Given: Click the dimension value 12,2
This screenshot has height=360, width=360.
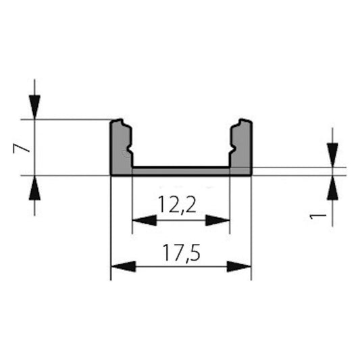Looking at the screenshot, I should pyautogui.click(x=180, y=203).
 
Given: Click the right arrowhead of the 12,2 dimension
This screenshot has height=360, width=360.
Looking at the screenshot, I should pyautogui.click(x=217, y=220).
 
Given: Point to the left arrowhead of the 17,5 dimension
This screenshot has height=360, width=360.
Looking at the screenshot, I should pyautogui.click(x=122, y=266).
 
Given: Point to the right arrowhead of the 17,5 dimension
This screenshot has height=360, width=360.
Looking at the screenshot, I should pyautogui.click(x=239, y=266).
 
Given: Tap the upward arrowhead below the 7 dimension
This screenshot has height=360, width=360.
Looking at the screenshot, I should pyautogui.click(x=34, y=188).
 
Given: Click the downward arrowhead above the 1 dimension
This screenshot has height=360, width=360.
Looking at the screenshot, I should pyautogui.click(x=332, y=155).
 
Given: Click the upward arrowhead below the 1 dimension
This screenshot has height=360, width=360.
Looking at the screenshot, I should pyautogui.click(x=332, y=188).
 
